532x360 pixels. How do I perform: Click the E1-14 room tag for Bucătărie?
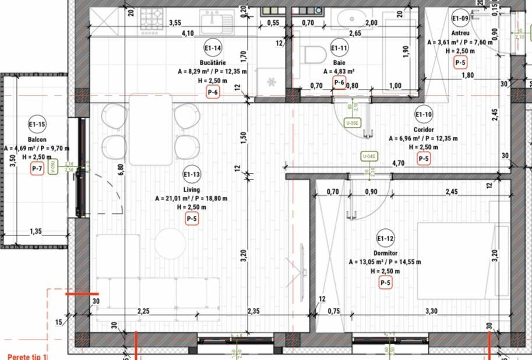(213, 48)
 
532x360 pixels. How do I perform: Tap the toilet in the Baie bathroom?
(315, 54)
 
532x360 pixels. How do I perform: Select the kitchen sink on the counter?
(217, 22)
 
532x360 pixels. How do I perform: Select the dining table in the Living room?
(151, 129)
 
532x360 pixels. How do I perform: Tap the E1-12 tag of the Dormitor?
(385, 238)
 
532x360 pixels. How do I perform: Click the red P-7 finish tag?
(37, 169)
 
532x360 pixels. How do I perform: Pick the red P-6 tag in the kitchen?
(213, 92)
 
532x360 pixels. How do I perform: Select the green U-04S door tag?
(369, 156)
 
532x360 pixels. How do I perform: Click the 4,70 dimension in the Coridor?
(399, 164)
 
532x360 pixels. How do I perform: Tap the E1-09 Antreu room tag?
(460, 18)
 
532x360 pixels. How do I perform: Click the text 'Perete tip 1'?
(26, 356)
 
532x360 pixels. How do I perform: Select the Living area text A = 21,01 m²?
(191, 198)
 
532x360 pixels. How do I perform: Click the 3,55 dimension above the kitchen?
(174, 23)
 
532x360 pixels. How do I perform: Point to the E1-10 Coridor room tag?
(424, 114)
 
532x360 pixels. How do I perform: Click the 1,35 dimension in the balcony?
(36, 231)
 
